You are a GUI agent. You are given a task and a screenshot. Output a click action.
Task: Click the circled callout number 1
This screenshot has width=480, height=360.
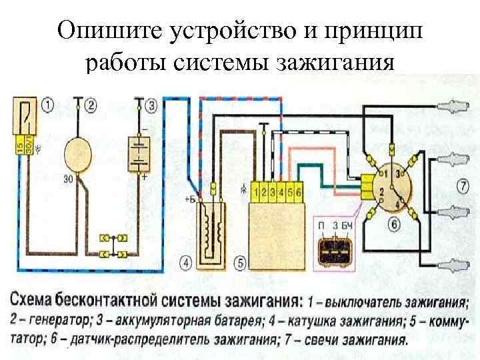click(x=48, y=105)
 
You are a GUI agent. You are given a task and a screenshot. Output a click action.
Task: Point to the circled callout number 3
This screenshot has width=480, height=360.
click(x=152, y=105)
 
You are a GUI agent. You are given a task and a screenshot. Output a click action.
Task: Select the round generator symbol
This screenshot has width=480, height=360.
click(x=81, y=153)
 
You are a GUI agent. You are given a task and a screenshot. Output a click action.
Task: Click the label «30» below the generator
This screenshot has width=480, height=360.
click(x=68, y=178)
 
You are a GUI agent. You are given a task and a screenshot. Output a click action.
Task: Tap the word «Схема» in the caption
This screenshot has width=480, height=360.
click(x=39, y=296)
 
